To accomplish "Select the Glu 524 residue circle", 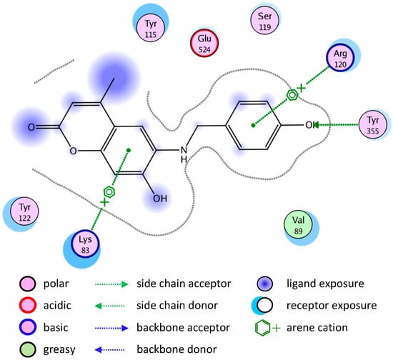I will click(x=204, y=44).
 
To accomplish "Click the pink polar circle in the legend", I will click(x=29, y=284).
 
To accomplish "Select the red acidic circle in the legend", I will click(x=29, y=306).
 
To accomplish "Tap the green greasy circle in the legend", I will click(x=29, y=349).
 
